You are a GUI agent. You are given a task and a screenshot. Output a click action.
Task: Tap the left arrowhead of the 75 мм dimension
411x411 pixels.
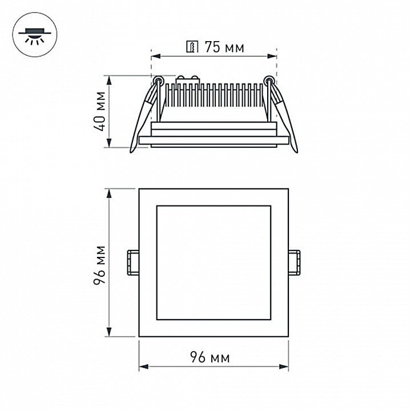coord(154,57)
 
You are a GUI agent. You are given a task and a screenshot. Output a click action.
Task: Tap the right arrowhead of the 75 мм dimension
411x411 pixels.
coord(273,57)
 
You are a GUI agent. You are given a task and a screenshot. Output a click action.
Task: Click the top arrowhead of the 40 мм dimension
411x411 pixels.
coord(110,78)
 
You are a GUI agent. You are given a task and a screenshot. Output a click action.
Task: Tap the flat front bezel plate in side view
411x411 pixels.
coord(213,140)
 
